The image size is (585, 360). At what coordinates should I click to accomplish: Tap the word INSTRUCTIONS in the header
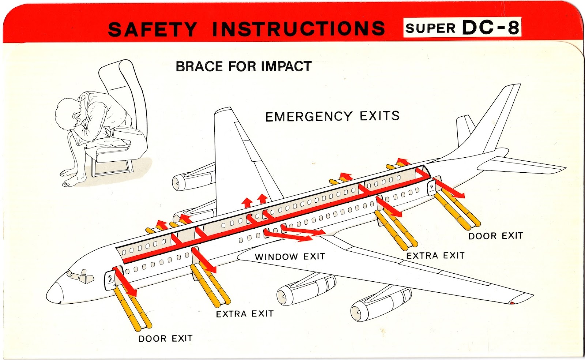pyautogui.click(x=298, y=29)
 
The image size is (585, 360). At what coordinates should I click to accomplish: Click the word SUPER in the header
pyautogui.click(x=430, y=28)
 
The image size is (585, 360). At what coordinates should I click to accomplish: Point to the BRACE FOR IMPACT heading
pyautogui.click(x=244, y=67)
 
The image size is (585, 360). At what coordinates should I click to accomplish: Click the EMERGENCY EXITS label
pyautogui.click(x=332, y=116)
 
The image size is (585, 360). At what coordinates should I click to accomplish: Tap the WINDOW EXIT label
pyautogui.click(x=290, y=256)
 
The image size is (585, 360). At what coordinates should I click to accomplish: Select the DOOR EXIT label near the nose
pyautogui.click(x=165, y=338)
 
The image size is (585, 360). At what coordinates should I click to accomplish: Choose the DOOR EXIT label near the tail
pyautogui.click(x=495, y=236)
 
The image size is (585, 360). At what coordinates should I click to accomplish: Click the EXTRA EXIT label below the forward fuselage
pyautogui.click(x=245, y=314)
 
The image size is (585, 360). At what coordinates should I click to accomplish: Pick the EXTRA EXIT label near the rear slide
pyautogui.click(x=435, y=255)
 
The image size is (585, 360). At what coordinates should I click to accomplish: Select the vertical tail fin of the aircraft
pyautogui.click(x=501, y=117)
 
